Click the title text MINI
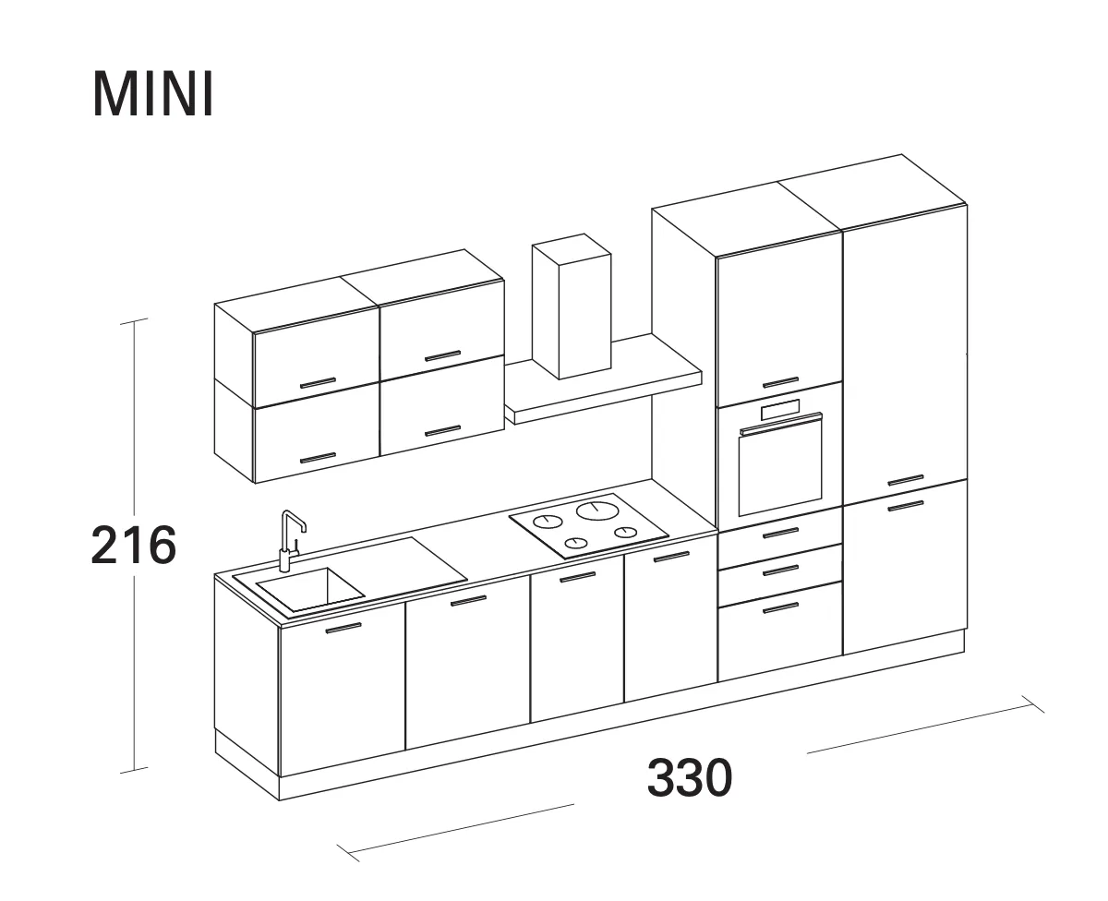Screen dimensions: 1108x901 (153, 94)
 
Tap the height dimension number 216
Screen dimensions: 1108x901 (134, 545)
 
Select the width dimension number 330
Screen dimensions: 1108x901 (690, 778)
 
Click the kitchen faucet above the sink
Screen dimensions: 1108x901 (291, 540)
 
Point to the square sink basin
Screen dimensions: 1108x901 (310, 589)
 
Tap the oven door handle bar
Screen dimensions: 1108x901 (781, 423)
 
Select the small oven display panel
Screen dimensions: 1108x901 (780, 410)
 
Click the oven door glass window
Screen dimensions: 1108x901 (780, 468)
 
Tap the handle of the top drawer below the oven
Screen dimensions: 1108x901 (780, 533)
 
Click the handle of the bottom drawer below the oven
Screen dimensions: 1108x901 (780, 607)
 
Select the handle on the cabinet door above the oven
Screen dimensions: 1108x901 (780, 382)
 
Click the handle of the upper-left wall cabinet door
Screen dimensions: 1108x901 (318, 383)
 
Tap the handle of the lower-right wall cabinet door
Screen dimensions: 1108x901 (442, 431)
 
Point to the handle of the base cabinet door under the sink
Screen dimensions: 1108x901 (343, 628)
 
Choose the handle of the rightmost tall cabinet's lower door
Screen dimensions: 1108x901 (905, 505)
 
